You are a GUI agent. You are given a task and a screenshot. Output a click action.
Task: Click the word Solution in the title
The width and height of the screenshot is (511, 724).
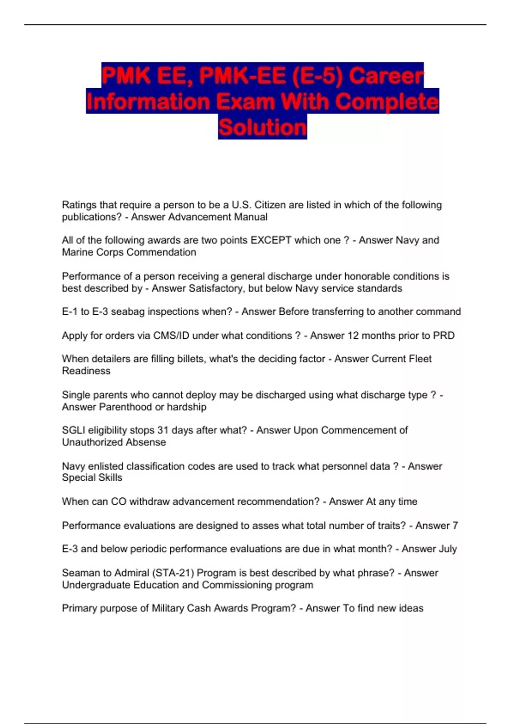click(x=262, y=127)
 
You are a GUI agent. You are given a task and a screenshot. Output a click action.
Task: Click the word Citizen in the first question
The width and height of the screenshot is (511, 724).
click(x=270, y=205)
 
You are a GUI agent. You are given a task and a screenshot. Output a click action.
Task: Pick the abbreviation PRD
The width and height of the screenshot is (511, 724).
click(x=444, y=336)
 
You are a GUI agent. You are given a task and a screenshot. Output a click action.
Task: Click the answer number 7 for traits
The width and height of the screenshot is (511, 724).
click(x=455, y=526)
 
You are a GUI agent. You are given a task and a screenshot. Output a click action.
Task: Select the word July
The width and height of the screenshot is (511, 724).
click(x=448, y=549)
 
